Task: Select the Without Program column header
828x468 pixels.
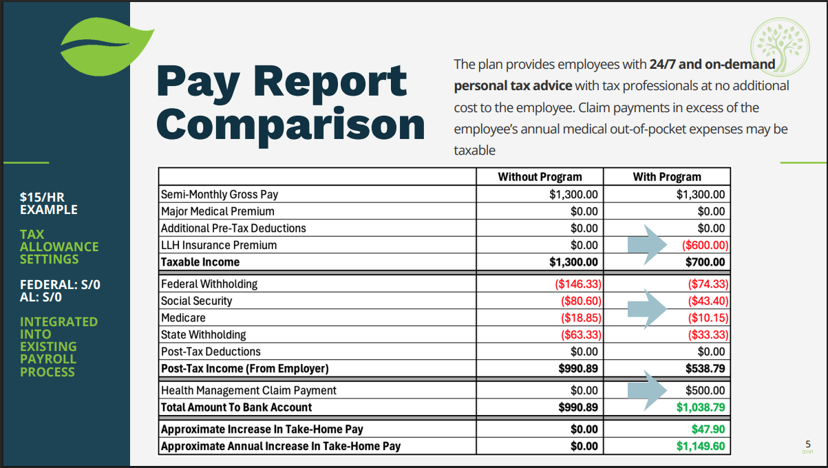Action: coord(540,177)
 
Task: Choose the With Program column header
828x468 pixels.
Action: coord(666,177)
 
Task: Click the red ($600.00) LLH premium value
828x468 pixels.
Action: coord(704,245)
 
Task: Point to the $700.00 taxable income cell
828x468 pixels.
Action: coord(705,262)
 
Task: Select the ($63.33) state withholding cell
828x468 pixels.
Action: coord(578,335)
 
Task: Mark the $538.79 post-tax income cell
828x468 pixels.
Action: coord(704,368)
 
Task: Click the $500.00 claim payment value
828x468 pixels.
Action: coord(706,390)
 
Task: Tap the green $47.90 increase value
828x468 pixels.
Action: coord(710,429)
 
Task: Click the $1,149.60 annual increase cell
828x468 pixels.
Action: coord(701,446)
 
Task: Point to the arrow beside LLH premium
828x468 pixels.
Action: coord(646,245)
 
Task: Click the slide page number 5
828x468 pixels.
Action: coord(807,444)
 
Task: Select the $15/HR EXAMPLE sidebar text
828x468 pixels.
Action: coord(49,204)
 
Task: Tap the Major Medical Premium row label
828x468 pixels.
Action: coord(217,211)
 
